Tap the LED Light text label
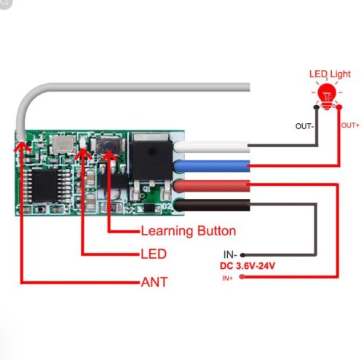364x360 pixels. (330, 74)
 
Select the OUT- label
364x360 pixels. (304, 126)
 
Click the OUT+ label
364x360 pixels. (350, 125)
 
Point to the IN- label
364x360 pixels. (230, 254)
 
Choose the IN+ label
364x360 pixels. (227, 278)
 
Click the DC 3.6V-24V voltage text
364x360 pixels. (248, 266)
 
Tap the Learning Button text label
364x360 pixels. (189, 231)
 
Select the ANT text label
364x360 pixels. (154, 282)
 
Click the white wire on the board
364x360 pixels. (212, 146)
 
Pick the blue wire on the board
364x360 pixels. (212, 166)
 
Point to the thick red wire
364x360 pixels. (212, 186)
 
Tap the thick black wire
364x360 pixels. (212, 205)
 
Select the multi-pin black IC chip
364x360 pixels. (46, 186)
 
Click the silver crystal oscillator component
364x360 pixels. (63, 144)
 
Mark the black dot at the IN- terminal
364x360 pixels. (242, 255)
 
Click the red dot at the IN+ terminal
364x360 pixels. (242, 277)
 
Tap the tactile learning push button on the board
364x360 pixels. (108, 146)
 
